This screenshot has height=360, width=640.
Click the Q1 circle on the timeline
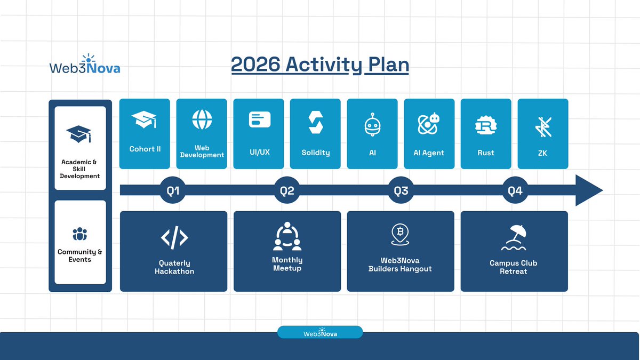tap(173, 191)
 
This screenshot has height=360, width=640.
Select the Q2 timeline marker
tap(287, 191)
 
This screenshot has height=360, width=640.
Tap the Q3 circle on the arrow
tap(401, 191)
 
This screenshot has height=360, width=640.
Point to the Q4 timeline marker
tap(515, 191)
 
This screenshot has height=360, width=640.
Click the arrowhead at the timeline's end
tap(589, 190)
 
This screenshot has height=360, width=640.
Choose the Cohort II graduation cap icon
tap(145, 119)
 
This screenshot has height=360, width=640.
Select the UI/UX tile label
tap(259, 152)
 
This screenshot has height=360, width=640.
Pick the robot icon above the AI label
tap(372, 125)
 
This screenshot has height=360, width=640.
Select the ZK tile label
tap(542, 153)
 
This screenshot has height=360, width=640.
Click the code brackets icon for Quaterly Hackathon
tap(174, 238)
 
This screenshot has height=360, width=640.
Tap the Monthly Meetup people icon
tap(287, 236)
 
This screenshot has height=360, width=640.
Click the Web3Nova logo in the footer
tap(320, 332)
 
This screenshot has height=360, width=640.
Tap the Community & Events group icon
tap(79, 234)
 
